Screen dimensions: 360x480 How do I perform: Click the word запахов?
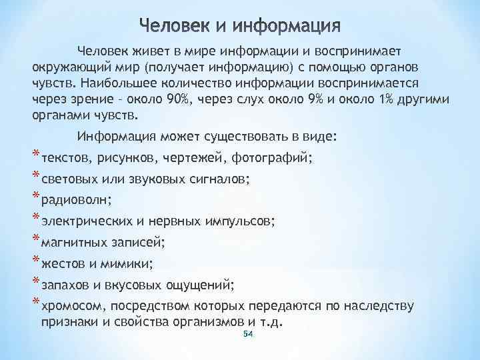pos(65,285)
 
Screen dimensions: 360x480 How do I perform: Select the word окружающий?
pos(69,69)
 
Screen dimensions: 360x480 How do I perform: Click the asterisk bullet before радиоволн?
pos(36,197)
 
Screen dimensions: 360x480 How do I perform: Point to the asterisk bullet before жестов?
pos(36,261)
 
